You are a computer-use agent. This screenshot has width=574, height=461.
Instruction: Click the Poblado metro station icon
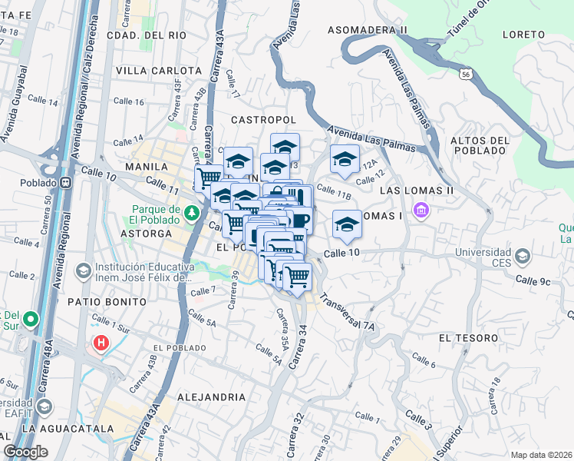tap(66, 183)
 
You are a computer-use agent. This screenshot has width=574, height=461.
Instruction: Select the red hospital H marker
tap(100, 343)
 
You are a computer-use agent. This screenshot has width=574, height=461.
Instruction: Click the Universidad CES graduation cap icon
tap(523, 254)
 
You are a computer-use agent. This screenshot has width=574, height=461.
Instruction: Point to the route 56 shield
tap(465, 74)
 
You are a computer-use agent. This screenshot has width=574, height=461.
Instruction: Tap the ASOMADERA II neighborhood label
tap(367, 30)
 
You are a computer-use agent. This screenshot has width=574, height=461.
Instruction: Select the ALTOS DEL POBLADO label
tap(480, 145)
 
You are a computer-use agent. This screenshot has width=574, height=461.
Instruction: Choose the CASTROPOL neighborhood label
tap(263, 121)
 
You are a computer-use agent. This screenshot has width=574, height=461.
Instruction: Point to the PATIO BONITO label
tap(111, 301)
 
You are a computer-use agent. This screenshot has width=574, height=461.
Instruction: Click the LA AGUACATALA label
tap(61, 428)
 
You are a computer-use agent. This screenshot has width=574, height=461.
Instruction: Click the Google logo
tap(25, 452)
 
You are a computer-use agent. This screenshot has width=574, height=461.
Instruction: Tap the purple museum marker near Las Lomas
tap(420, 210)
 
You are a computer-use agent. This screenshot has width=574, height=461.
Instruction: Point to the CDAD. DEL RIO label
tap(146, 35)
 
